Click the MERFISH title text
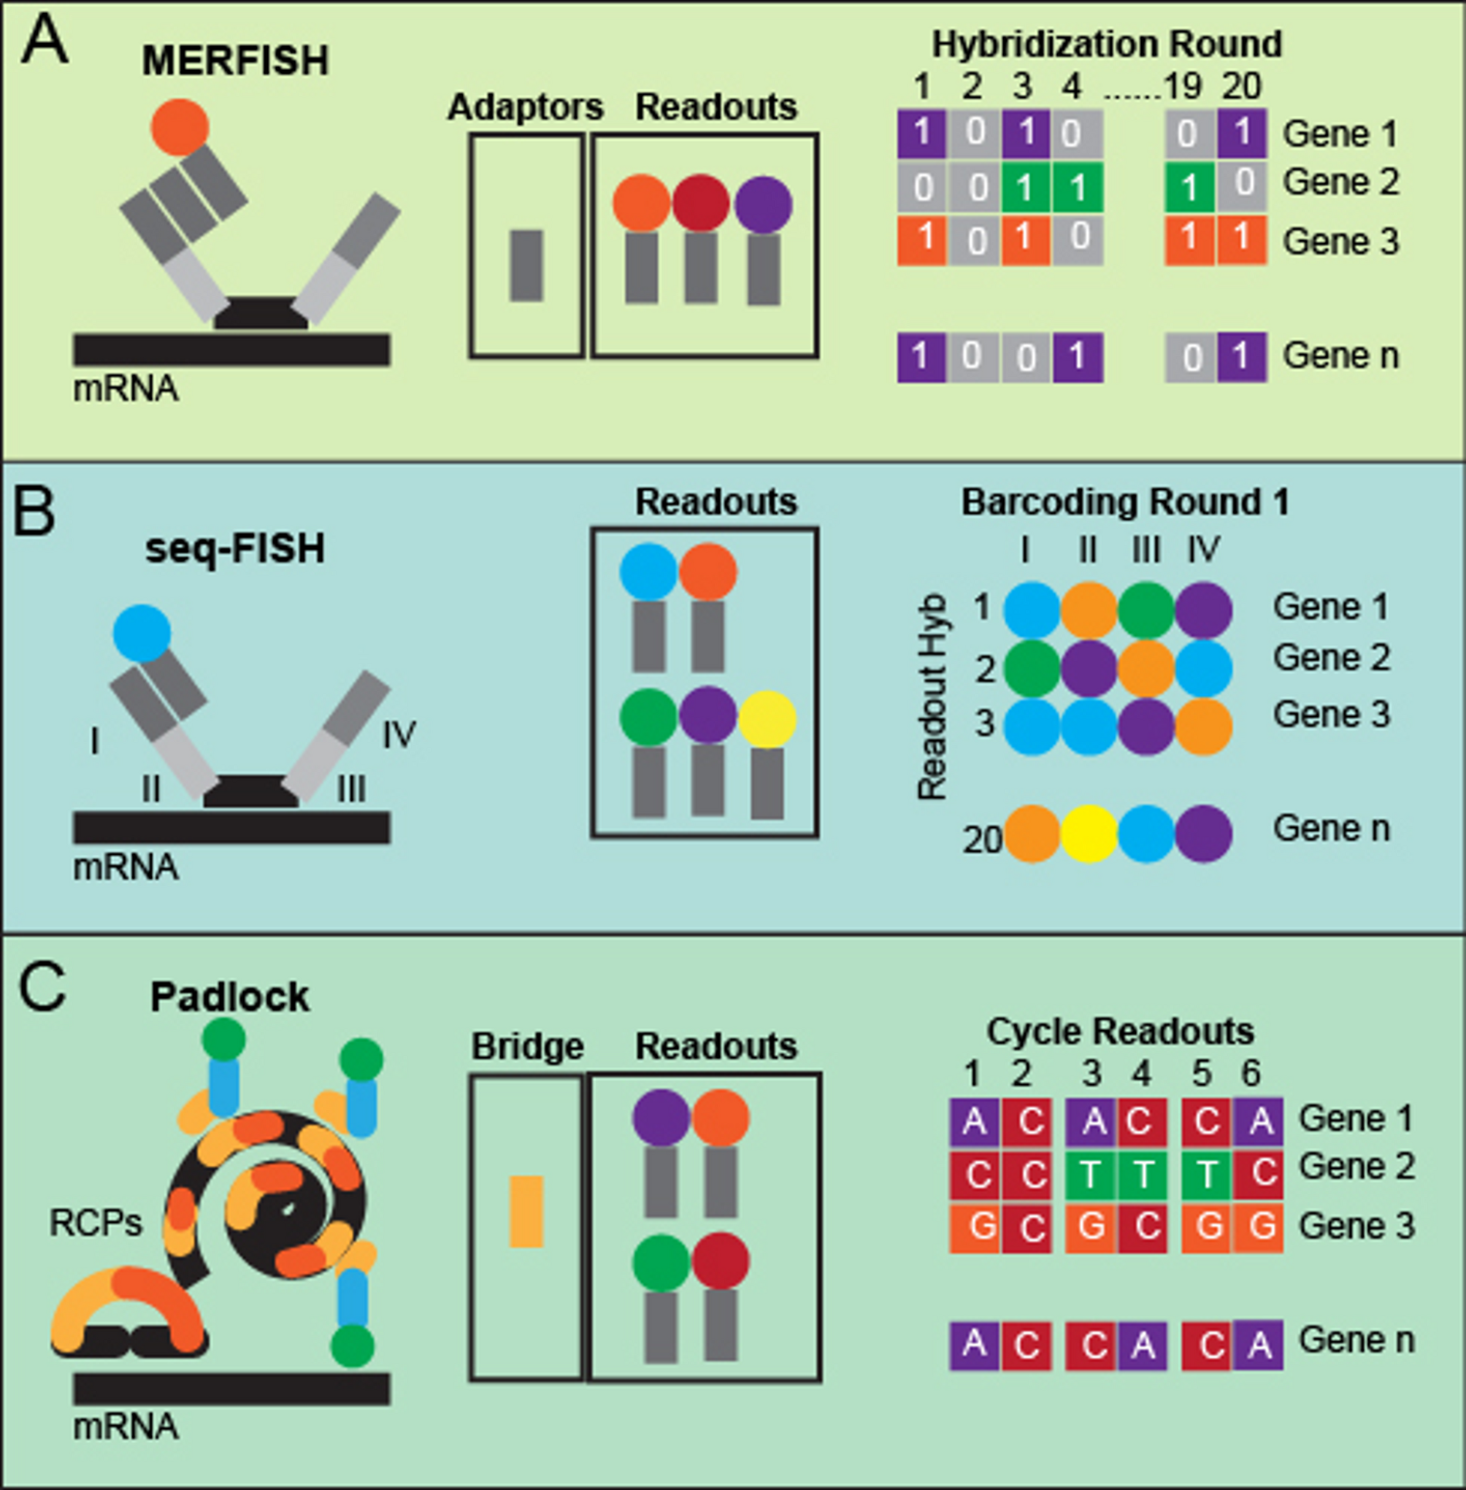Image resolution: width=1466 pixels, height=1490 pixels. click(235, 60)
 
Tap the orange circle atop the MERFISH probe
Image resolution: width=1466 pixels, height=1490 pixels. click(180, 127)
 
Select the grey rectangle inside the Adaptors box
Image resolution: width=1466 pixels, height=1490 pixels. click(526, 266)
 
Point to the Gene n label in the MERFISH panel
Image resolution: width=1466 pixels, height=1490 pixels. click(1340, 356)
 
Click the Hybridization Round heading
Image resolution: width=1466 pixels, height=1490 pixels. click(1108, 44)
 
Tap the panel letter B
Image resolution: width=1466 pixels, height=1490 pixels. click(33, 514)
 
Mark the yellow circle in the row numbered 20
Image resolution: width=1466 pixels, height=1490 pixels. click(1089, 834)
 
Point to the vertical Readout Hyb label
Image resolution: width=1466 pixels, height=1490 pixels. click(932, 696)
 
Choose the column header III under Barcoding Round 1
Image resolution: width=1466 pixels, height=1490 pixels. click(1145, 550)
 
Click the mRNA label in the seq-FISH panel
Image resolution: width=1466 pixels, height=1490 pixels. click(126, 868)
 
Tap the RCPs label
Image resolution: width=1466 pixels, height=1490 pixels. click(96, 1222)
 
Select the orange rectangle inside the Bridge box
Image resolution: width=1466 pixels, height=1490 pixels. click(526, 1212)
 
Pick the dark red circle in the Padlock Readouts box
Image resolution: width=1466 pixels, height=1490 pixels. click(721, 1261)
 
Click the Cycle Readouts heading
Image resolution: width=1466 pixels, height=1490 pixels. click(1120, 1031)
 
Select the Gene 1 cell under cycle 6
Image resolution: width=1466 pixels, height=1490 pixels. click(1258, 1122)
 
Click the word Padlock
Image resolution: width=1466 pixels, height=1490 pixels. click(229, 996)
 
